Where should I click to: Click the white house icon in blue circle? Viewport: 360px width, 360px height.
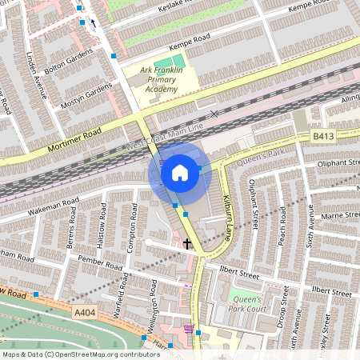click(180, 172)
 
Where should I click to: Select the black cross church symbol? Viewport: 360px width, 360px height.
click(188, 243)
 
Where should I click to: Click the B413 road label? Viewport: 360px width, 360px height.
click(322, 137)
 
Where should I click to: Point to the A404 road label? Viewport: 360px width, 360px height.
click(86, 313)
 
